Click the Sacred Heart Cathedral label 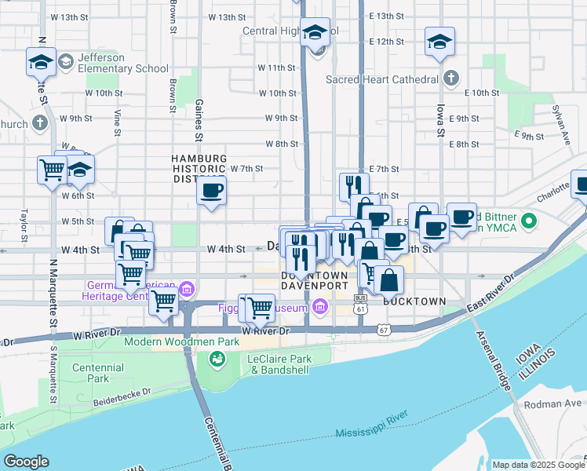point(382,79)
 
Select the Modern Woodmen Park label point(170,343)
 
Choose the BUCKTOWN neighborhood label point(414,301)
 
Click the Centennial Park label point(97,373)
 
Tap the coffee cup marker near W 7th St point(211,191)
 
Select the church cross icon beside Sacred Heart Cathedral point(450,78)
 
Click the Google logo point(26,462)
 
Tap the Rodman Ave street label point(564,403)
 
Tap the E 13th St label point(385,16)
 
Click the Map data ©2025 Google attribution point(538,465)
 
